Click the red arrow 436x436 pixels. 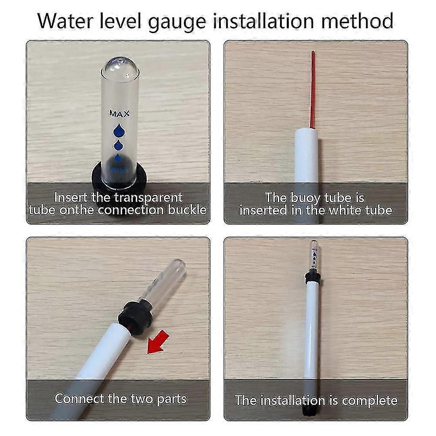[x=158, y=341]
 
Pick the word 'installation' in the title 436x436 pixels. [x=279, y=20]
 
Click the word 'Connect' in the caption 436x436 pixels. [x=80, y=398]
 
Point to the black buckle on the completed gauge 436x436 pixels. [x=312, y=277]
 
